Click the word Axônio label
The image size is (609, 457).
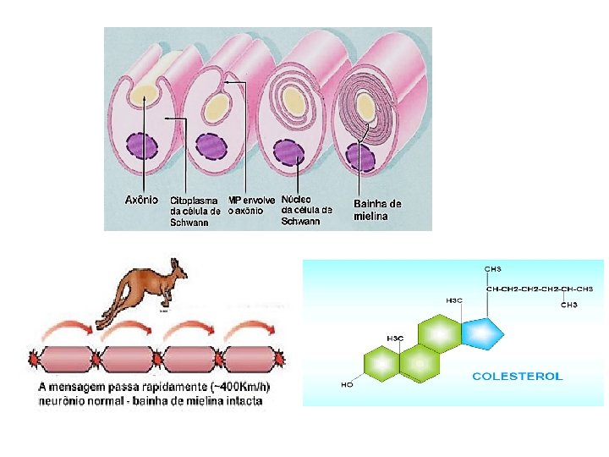(x=141, y=200)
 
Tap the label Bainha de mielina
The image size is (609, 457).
(x=377, y=209)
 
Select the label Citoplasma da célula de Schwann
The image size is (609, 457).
(x=195, y=212)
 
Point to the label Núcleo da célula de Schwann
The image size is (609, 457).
(x=305, y=209)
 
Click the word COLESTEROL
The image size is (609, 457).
(x=517, y=376)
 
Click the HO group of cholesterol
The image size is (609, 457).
(x=347, y=384)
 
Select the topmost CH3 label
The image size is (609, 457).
(x=492, y=269)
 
